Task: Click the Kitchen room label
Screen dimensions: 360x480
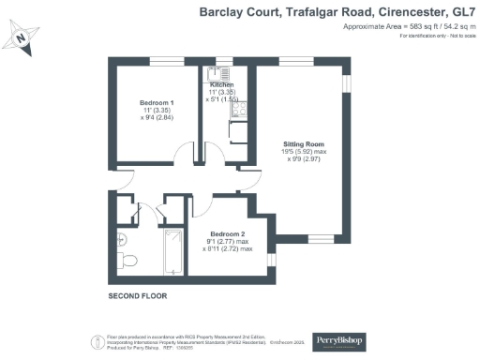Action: [x=222, y=85]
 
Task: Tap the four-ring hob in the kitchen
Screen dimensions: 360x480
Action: [x=238, y=109]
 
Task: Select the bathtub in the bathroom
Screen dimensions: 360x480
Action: [x=172, y=253]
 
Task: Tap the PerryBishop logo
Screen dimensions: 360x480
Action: [x=339, y=338]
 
